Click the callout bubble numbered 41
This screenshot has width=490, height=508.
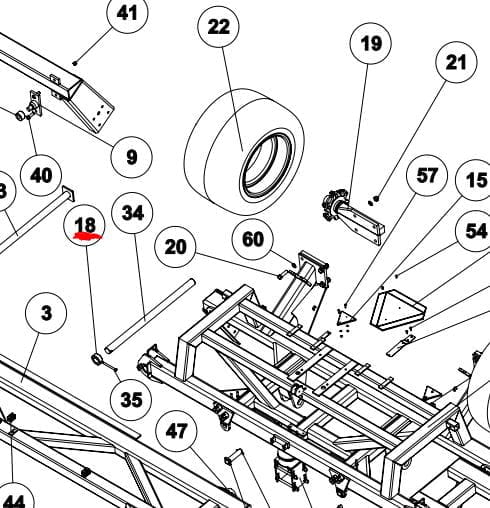point(127,13)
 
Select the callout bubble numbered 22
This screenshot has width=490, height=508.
point(218,27)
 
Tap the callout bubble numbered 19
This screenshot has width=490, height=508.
point(371,43)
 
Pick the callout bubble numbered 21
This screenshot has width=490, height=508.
point(456,62)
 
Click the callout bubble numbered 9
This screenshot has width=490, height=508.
point(132,157)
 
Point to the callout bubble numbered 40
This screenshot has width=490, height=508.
point(41,175)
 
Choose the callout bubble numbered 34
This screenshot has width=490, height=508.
point(132,213)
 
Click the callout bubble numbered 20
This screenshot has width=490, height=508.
point(175,247)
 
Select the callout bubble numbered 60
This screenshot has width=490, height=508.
point(253,239)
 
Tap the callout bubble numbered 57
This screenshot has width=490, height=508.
point(427,175)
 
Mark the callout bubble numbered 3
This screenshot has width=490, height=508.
point(46,313)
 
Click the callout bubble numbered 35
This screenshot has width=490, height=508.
point(131,399)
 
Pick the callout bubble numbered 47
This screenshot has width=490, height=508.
point(176,431)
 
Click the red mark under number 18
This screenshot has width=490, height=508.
point(87,237)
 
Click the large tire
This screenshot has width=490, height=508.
point(244,152)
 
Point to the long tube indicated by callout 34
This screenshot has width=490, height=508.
point(150,316)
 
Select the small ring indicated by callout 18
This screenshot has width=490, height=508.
point(97,359)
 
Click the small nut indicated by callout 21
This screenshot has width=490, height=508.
point(377,199)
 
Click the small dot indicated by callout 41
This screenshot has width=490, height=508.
point(75,62)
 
